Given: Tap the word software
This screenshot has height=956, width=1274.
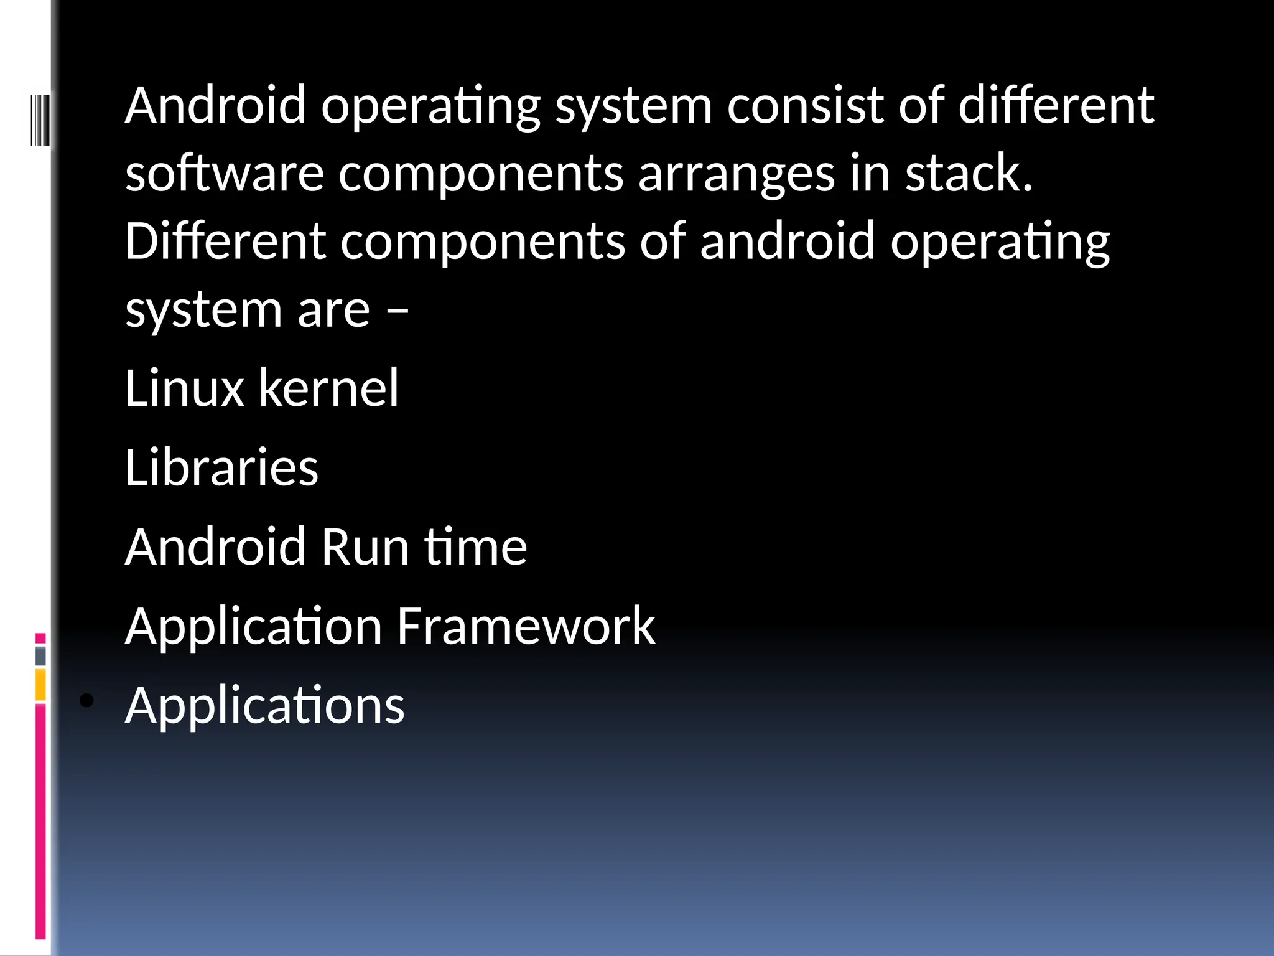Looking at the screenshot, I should coord(225,173).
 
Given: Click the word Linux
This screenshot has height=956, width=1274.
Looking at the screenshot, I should coord(184,388).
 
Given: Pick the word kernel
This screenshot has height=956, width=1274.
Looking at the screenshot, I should coord(328,388).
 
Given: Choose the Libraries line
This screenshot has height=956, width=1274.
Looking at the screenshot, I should coord(221,467).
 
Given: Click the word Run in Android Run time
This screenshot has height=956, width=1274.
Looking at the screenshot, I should coord(365,547).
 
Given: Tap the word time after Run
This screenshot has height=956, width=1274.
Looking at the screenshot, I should coord(476,547).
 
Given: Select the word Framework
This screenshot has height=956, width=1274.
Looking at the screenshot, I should coord(526,626).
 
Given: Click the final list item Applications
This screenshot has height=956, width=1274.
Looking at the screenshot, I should coord(264,706).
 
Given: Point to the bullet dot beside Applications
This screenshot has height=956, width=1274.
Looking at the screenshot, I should coord(87,701).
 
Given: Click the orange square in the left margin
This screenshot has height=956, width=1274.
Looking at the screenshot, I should coord(40,685).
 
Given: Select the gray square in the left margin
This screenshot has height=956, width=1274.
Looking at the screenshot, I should coord(40,656).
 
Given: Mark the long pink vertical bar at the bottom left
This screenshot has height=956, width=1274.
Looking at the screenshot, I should coord(40,822).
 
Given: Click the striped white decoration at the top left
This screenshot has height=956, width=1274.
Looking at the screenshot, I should coord(39,118).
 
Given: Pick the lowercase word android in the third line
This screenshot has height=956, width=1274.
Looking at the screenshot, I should coord(788,241).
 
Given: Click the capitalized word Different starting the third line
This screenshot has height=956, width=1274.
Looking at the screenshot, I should coord(225,241).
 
